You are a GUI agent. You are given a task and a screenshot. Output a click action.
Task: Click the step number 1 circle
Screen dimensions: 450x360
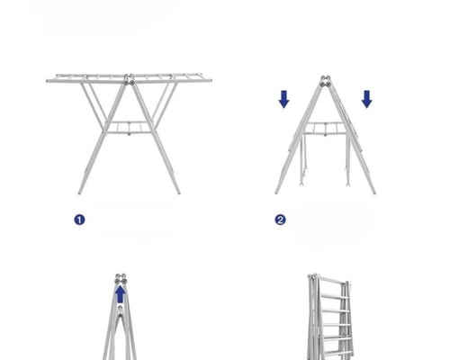pos(79,220)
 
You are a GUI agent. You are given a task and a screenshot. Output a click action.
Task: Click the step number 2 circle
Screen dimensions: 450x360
pos(280,220)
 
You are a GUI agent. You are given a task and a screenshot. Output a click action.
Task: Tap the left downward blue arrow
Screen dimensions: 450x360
pos(283,99)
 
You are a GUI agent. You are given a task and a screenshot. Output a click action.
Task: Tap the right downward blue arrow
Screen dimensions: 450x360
pos(367,99)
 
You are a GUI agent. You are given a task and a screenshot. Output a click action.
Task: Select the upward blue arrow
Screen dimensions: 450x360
pos(121,294)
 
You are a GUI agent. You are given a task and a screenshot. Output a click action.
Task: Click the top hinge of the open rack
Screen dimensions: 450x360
pos(130,80)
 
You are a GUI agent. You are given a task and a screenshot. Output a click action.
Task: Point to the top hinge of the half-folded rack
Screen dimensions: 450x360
pos(326,82)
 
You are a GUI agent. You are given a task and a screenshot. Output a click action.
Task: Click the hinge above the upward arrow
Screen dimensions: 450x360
pos(121,279)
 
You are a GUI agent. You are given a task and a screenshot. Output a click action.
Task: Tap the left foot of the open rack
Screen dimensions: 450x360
pos(80,192)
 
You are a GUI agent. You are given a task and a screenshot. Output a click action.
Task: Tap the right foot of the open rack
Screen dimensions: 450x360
pos(178,192)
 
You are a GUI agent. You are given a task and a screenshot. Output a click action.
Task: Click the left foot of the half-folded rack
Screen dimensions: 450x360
pos(276,192)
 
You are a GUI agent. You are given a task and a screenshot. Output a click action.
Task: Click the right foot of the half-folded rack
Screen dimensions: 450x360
pos(373,192)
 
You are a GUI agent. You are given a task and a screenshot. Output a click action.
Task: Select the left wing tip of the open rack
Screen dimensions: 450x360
pos(48,81)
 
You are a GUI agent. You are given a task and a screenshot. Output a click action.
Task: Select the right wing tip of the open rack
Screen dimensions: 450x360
pos(210,80)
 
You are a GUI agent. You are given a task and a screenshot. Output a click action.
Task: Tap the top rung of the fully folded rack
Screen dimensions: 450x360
pos(330,281)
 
